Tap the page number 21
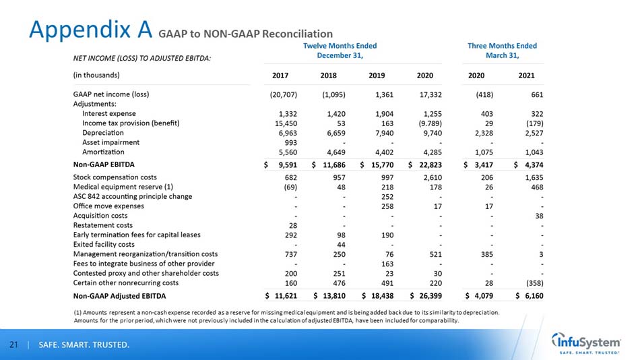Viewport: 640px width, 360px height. [13, 346]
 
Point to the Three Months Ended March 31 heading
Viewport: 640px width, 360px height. [502, 50]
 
